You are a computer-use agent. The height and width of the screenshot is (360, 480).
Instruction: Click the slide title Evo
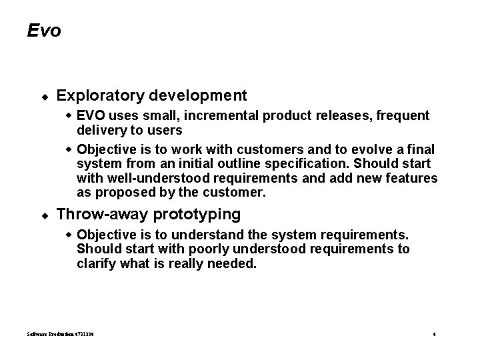[x=44, y=31]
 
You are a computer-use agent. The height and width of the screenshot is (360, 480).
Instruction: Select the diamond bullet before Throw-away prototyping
[x=43, y=215]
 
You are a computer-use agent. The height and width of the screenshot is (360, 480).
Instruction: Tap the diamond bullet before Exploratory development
[x=43, y=97]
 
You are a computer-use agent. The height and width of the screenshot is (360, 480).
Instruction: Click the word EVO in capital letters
[x=91, y=115]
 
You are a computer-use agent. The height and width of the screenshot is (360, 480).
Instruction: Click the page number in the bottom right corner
[x=433, y=334]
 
